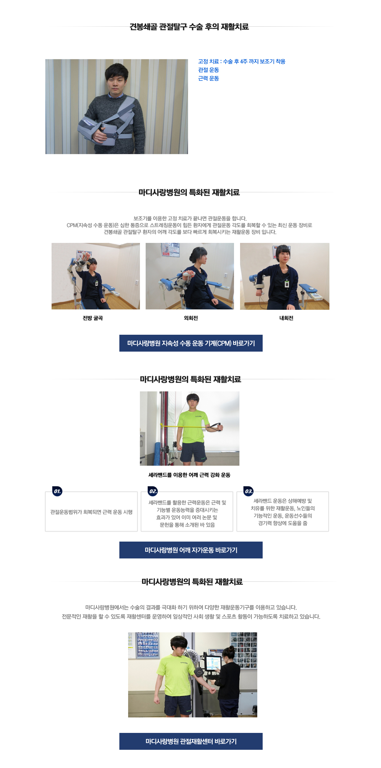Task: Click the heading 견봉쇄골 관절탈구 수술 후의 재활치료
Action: pos(189,27)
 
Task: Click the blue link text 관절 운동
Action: pos(208,70)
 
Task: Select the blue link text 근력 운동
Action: pos(208,78)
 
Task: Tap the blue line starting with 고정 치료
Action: pos(241,61)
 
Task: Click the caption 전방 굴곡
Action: pos(93,318)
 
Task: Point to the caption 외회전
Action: pos(191,318)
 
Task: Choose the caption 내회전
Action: pos(286,318)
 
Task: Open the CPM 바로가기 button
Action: pos(191,343)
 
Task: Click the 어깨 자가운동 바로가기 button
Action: pos(191,550)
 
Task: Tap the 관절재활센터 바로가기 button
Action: pos(191,741)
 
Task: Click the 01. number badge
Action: pos(57,491)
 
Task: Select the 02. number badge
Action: pos(153,491)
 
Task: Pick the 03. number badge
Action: pos(248,491)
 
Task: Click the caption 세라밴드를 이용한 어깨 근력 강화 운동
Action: pos(189,475)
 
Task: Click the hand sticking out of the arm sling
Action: pos(99,135)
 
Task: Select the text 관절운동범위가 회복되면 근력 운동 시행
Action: pos(91,512)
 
